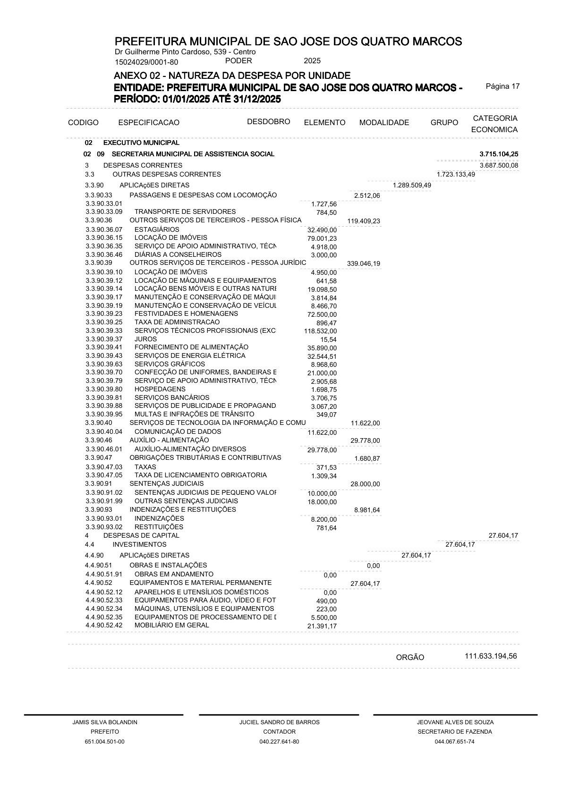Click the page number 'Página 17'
502,86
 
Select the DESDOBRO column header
268,122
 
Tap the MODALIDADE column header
384,123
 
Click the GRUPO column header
444,123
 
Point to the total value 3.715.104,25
499,154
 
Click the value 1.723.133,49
456,175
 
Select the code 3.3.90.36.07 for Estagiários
104,229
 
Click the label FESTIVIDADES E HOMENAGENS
186,313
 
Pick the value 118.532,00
321,331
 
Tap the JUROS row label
145,339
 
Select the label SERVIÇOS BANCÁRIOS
172,397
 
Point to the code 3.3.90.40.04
104,431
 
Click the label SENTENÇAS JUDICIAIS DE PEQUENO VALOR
205,492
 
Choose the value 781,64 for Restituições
326,528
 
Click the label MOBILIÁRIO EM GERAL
172,625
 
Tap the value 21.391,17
322,626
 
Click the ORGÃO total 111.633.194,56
491,656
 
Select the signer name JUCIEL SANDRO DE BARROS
280,722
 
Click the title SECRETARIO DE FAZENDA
455,732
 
